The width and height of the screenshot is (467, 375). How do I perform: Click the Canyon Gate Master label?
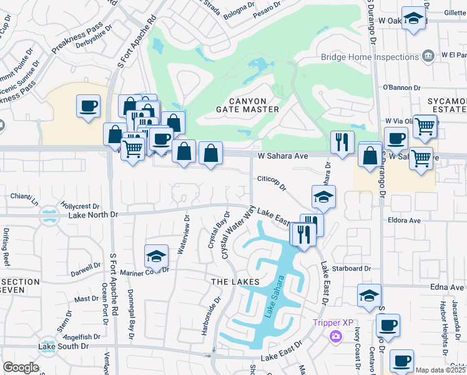pyautogui.click(x=247, y=105)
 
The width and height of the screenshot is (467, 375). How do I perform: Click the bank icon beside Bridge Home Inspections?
pyautogui.click(x=428, y=56)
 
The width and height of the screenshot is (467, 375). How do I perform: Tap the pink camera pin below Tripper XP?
pyautogui.click(x=337, y=337)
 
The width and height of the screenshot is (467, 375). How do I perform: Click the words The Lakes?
pyautogui.click(x=235, y=282)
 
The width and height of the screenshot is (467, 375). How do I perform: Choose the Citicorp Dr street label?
pyautogui.click(x=271, y=183)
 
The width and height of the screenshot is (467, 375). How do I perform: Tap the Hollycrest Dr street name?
pyautogui.click(x=81, y=205)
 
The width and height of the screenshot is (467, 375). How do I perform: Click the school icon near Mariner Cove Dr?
pyautogui.click(x=156, y=256)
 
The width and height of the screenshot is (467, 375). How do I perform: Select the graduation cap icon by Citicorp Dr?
pyautogui.click(x=323, y=197)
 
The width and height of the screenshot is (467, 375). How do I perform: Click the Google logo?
pyautogui.click(x=21, y=367)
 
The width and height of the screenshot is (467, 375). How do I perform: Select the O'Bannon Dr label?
pyautogui.click(x=398, y=87)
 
